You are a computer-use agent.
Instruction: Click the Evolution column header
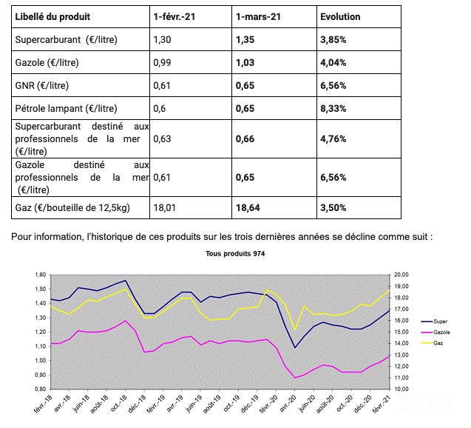[341, 16]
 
